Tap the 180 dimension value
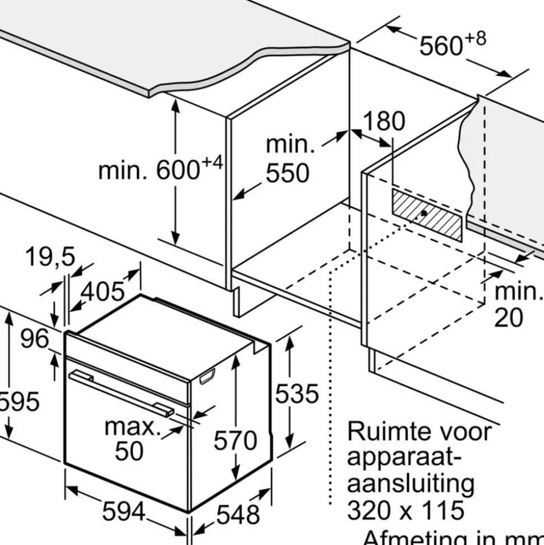pyautogui.click(x=384, y=121)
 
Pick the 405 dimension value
pyautogui.click(x=103, y=291)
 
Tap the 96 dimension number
pyautogui.click(x=35, y=338)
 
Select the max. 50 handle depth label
pyautogui.click(x=132, y=439)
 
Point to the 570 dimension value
pyautogui.click(x=235, y=440)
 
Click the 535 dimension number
pyautogui.click(x=297, y=394)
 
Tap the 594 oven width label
pyautogui.click(x=124, y=512)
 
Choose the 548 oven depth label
pyautogui.click(x=238, y=515)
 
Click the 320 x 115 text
pyautogui.click(x=405, y=510)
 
